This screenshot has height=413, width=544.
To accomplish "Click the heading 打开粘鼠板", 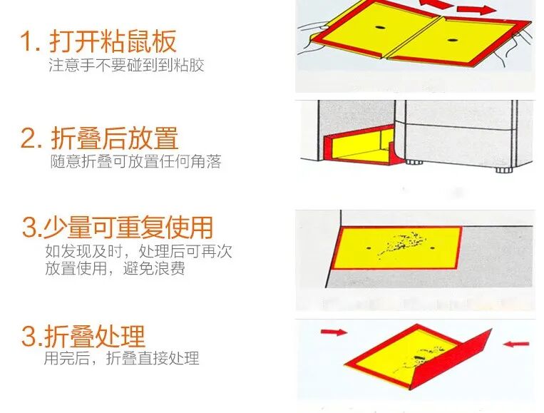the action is [113, 41].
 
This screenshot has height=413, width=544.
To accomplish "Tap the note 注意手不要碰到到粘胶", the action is [126, 65].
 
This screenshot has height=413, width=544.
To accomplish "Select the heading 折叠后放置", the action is [115, 138].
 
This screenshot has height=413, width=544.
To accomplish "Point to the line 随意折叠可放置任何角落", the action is [135, 161].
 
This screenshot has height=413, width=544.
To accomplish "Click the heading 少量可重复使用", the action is [128, 228].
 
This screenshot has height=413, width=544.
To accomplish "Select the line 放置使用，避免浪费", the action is [115, 268].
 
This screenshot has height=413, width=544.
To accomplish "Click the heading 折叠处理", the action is [94, 336].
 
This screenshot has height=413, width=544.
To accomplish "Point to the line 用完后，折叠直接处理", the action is [121, 358].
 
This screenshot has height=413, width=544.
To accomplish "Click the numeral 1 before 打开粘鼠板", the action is [26, 41].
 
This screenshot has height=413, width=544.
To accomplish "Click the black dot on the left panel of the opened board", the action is [379, 27].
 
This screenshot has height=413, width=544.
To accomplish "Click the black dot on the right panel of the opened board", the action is [451, 40].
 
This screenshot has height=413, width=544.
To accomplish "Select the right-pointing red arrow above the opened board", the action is [477, 9].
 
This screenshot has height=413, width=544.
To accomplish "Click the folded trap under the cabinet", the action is [363, 146].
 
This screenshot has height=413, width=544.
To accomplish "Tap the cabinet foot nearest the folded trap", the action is [412, 162].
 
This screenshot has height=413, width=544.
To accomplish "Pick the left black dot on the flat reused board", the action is [369, 248].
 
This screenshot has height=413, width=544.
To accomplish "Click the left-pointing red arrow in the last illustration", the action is [516, 344].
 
